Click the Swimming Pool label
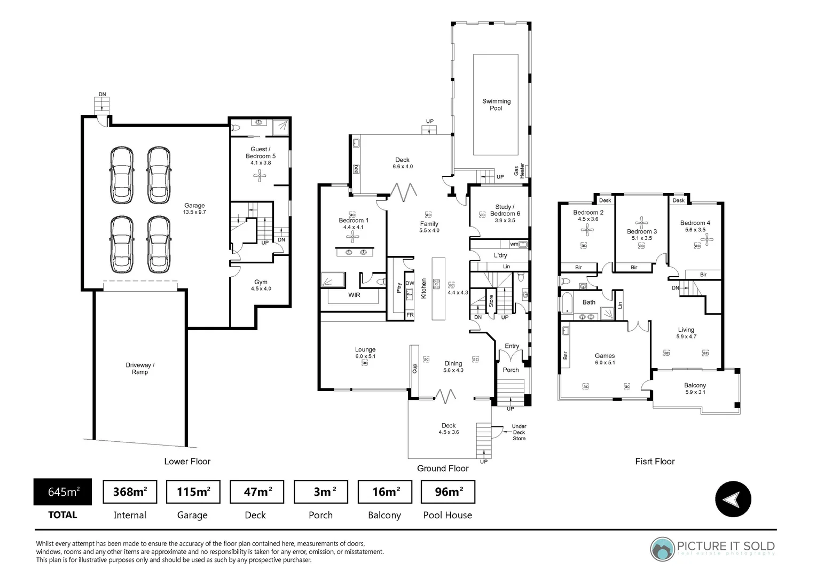[x=496, y=105]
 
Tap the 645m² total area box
[x=62, y=492]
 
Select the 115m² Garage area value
[x=193, y=492]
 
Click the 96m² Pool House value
[x=448, y=492]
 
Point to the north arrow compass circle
[x=733, y=500]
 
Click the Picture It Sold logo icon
[x=662, y=549]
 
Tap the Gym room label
[x=261, y=282]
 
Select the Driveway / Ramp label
[x=140, y=369]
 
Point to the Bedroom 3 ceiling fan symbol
[x=641, y=223]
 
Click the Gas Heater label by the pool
[x=519, y=170]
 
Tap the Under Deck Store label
[x=519, y=432]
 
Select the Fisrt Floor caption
[x=655, y=462]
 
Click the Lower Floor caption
[x=187, y=462]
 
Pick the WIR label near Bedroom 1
[x=354, y=295]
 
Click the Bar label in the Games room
[x=565, y=355]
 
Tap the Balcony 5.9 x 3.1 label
[x=695, y=388]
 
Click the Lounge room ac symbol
[x=365, y=363]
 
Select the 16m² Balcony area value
[x=385, y=492]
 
